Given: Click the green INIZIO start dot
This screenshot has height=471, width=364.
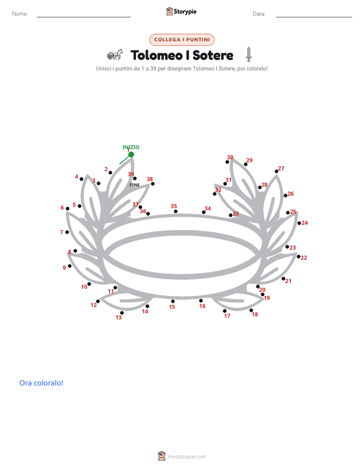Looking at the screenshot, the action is point(131,154).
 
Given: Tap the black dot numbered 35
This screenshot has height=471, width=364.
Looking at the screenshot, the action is point(176,212).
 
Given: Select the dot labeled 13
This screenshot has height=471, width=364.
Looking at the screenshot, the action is point(122,312).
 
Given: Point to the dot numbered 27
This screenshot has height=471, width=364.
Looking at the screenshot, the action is point(277,171).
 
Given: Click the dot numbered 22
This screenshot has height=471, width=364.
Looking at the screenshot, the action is point(299,256).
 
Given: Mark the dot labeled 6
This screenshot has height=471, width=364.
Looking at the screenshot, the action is point(68,208).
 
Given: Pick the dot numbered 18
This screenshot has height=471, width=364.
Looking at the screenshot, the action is point(251,310).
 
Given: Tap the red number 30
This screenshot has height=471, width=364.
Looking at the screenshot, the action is point(230,157).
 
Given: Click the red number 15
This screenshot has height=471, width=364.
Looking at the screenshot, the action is point(172,307).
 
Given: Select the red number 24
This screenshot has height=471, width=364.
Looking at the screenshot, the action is point(304,223).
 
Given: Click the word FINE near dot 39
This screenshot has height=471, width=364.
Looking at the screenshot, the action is point(135,185).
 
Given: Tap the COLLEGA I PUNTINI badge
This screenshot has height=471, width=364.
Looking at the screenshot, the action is point(182,40).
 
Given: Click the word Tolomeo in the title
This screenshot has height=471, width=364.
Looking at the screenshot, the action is point(157,55).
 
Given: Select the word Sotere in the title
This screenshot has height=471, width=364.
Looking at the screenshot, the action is point(213,55).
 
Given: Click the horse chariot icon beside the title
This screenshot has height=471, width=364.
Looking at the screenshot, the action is point(115,55).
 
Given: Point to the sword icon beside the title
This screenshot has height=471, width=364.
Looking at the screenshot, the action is point(249,55).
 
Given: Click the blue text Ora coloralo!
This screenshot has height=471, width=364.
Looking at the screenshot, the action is point(41,383).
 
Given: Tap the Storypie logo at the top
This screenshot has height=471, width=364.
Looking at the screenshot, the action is point(181,11).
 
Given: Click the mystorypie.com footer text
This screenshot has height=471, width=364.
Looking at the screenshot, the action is point(187,457).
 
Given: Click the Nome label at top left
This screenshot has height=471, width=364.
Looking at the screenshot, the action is point(20,14).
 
